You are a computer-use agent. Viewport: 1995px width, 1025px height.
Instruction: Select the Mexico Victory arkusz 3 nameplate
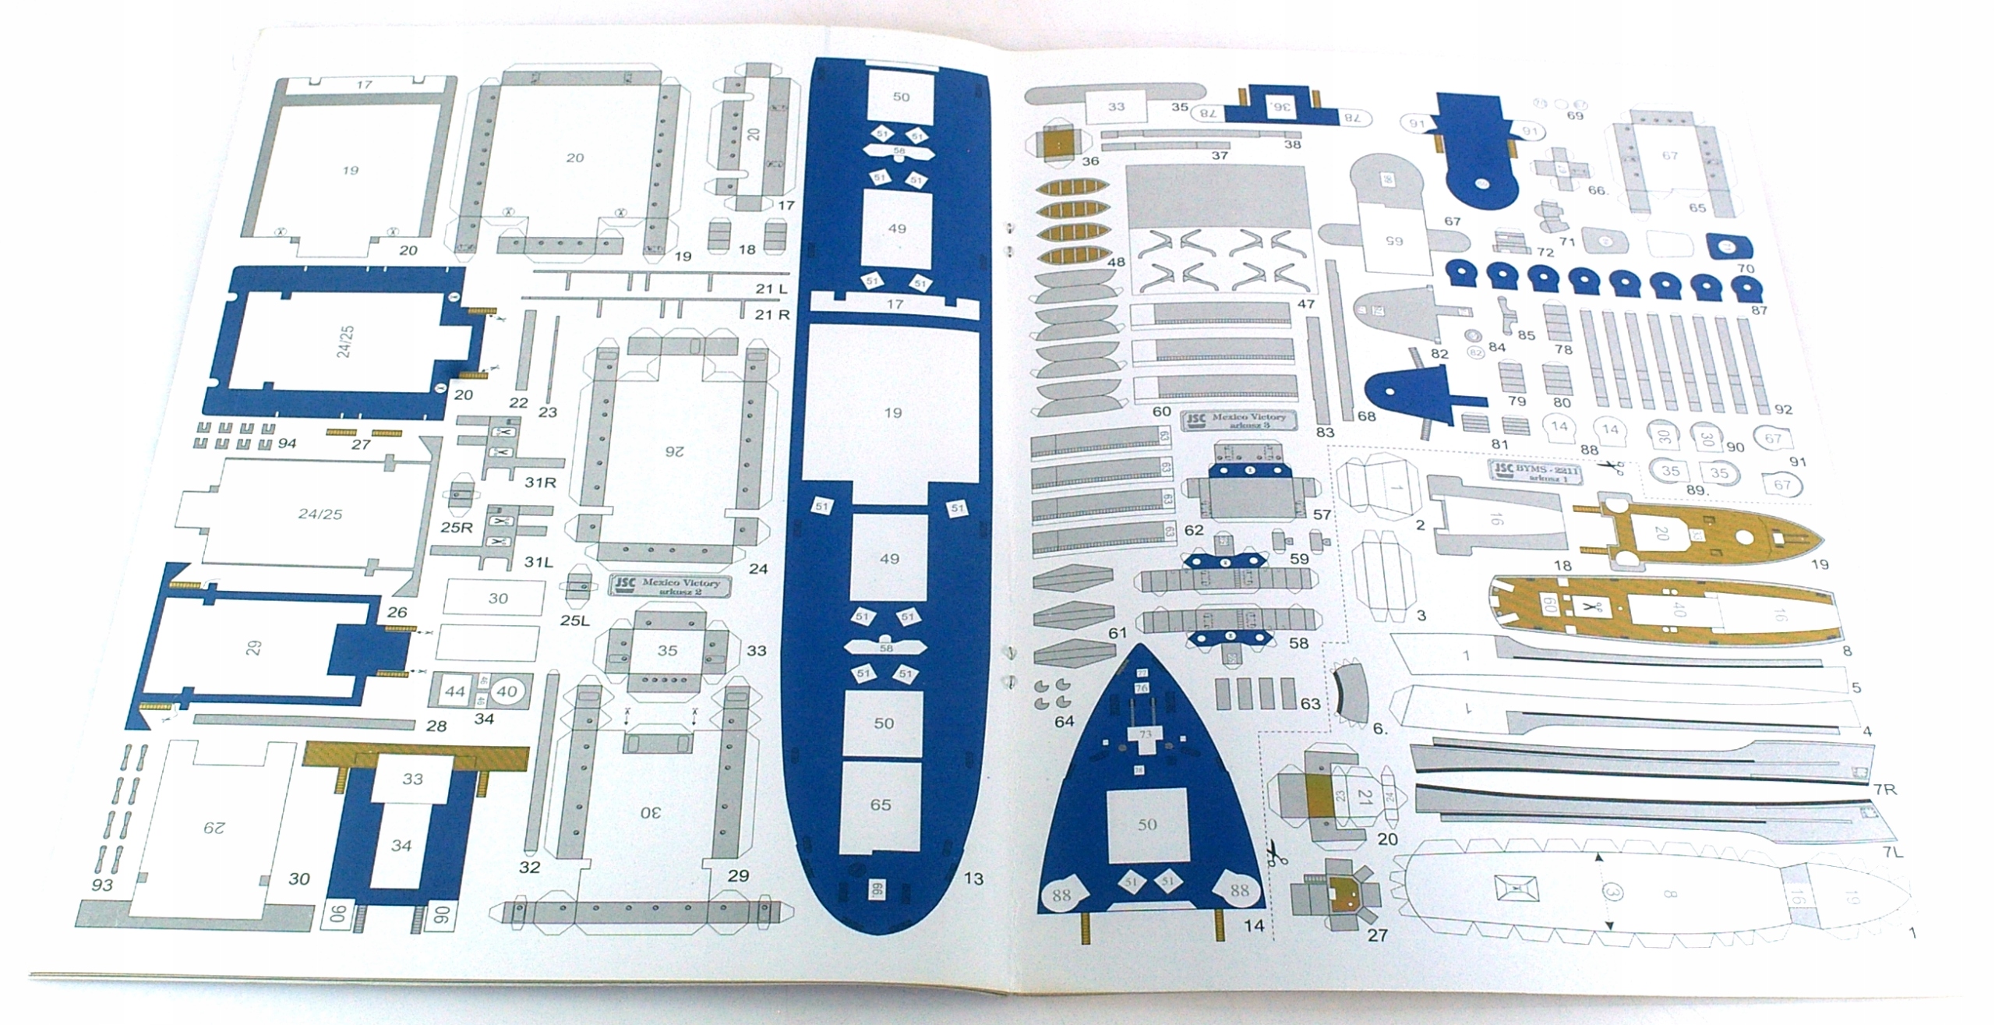tap(1239, 421)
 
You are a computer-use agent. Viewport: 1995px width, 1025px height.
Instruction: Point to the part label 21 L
tap(772, 289)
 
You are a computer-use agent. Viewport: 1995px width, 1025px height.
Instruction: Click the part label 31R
tap(539, 482)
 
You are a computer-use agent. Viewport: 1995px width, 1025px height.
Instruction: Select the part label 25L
tap(574, 621)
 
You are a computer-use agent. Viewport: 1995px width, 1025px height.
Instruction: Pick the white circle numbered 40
tap(507, 691)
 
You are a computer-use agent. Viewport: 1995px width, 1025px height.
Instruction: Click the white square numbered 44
tap(454, 691)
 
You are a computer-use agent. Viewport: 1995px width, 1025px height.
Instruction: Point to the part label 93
tap(102, 885)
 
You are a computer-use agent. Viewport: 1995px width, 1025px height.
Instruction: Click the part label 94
tap(287, 444)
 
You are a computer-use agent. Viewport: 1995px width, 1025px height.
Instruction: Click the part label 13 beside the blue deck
tap(973, 878)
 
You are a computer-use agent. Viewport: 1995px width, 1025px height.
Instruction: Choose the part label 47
tap(1306, 304)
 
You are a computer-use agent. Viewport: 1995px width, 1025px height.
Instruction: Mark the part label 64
tap(1064, 721)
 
